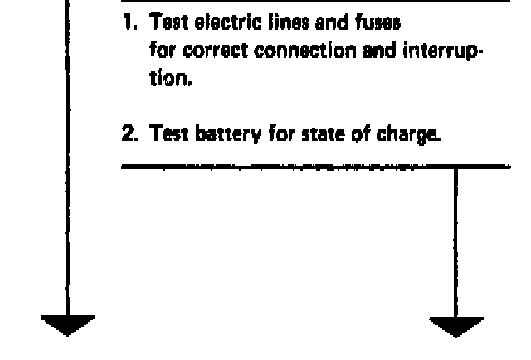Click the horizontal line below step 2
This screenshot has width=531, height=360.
(x=315, y=167)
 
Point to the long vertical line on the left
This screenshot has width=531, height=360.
(x=68, y=166)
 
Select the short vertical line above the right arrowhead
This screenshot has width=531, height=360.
(x=455, y=241)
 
